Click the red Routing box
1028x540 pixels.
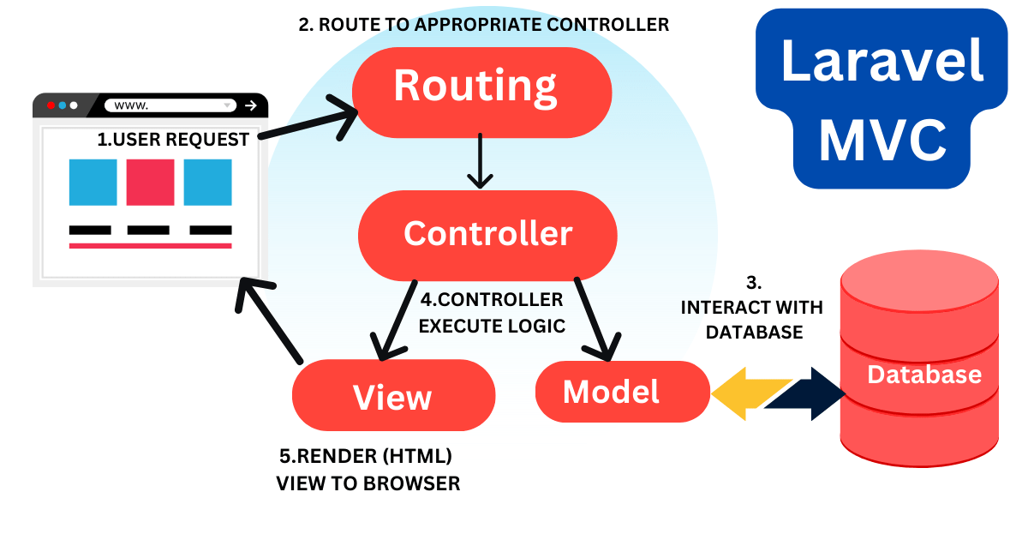(481, 88)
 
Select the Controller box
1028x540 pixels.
(487, 234)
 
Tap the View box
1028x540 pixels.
(393, 396)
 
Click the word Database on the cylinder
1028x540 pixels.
(924, 375)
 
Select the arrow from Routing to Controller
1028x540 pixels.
(480, 160)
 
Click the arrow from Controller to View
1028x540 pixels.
(396, 319)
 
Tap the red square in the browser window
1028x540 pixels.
(150, 182)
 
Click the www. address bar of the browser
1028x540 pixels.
(170, 105)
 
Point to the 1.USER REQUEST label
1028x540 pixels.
(174, 139)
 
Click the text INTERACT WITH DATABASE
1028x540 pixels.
(752, 319)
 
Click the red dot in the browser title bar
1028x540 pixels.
(51, 105)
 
